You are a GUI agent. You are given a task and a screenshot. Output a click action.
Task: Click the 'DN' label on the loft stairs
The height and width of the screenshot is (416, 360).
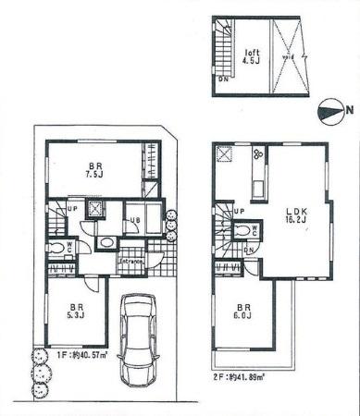[x=223, y=80]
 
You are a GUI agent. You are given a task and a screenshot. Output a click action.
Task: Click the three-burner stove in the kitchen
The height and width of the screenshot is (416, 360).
[x=258, y=156]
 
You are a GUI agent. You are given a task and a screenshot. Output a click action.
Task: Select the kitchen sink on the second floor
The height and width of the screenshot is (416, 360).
[x=258, y=189]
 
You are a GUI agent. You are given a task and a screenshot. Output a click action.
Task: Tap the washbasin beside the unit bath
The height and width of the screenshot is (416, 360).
[x=107, y=243]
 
